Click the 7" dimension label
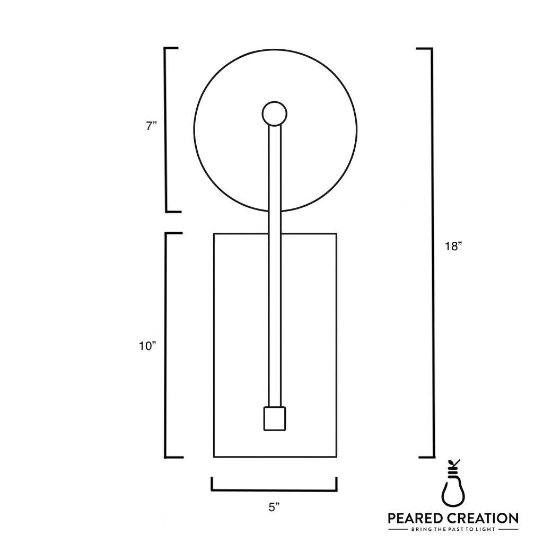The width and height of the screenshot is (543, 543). (x=152, y=126)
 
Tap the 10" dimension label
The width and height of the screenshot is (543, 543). (x=148, y=346)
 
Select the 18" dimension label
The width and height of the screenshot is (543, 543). (x=454, y=247)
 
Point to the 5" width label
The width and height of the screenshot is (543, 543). (x=274, y=507)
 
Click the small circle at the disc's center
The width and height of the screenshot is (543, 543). (x=275, y=113)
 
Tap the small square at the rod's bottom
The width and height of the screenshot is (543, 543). (x=275, y=418)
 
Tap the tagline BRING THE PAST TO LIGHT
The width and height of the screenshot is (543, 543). (x=453, y=529)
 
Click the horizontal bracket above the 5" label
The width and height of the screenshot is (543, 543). (x=274, y=489)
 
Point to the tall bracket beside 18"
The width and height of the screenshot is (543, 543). (x=432, y=252)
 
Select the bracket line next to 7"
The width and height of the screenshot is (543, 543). (x=167, y=130)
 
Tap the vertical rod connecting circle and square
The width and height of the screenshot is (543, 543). (x=275, y=265)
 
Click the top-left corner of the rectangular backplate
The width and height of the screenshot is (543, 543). (x=214, y=233)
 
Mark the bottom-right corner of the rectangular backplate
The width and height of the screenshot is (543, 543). (x=337, y=457)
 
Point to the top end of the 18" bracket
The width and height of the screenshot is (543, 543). (x=425, y=49)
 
